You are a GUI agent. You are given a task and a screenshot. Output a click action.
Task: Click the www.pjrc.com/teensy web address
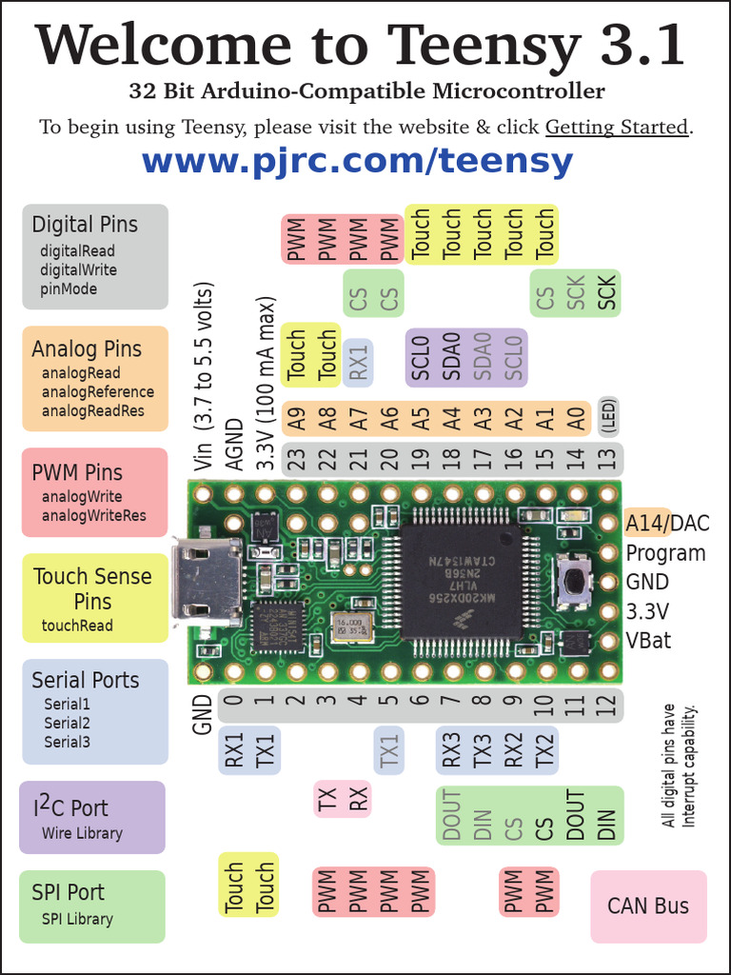coord(357,162)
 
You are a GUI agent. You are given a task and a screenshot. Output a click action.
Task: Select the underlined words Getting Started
coord(617,127)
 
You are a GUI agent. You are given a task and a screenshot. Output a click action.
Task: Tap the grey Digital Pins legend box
coord(95,256)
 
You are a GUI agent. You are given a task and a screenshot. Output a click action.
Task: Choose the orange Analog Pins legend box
coord(95,378)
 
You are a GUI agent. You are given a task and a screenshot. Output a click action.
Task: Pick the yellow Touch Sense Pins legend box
coord(95,598)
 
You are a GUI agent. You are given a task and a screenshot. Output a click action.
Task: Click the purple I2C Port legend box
coord(92,817)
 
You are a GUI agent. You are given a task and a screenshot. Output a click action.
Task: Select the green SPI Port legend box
coord(92,905)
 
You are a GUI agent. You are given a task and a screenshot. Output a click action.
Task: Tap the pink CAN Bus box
coord(648,905)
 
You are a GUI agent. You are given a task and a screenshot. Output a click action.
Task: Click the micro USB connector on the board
coord(207,581)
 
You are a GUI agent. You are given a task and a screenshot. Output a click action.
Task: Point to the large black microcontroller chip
coord(460,581)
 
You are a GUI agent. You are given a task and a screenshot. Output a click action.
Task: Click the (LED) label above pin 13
coord(607,417)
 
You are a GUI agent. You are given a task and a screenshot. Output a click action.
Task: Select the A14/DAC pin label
coord(666,523)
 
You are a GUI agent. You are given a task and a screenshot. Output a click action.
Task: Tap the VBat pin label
coord(648,640)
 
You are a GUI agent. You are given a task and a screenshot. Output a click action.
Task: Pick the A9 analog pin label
coord(296,419)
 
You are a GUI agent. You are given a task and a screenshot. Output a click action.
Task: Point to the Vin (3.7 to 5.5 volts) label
coord(203,376)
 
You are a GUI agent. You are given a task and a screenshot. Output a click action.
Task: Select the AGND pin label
coord(234,443)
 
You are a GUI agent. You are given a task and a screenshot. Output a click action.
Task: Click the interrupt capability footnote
coord(681,766)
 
